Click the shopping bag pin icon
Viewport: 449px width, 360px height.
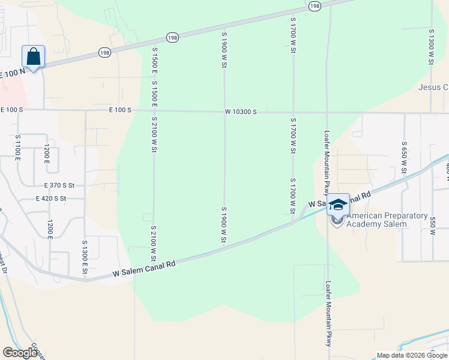[x=34, y=57]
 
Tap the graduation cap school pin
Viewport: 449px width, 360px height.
[x=338, y=205]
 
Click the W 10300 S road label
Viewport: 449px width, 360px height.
[x=241, y=112]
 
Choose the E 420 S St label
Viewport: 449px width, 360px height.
[x=59, y=199]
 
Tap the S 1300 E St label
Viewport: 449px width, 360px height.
[x=85, y=258]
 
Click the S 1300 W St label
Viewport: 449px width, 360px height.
[x=431, y=46]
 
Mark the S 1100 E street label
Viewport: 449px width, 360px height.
[x=17, y=147]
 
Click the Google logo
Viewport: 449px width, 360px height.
[x=20, y=353]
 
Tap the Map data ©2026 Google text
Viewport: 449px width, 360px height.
[x=412, y=355]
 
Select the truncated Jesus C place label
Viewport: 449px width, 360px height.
[x=433, y=88]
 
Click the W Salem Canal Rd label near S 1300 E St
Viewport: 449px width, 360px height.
[x=144, y=268]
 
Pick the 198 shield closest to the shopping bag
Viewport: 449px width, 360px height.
[x=104, y=53]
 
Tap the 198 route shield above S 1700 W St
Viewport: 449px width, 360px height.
[x=315, y=5]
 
